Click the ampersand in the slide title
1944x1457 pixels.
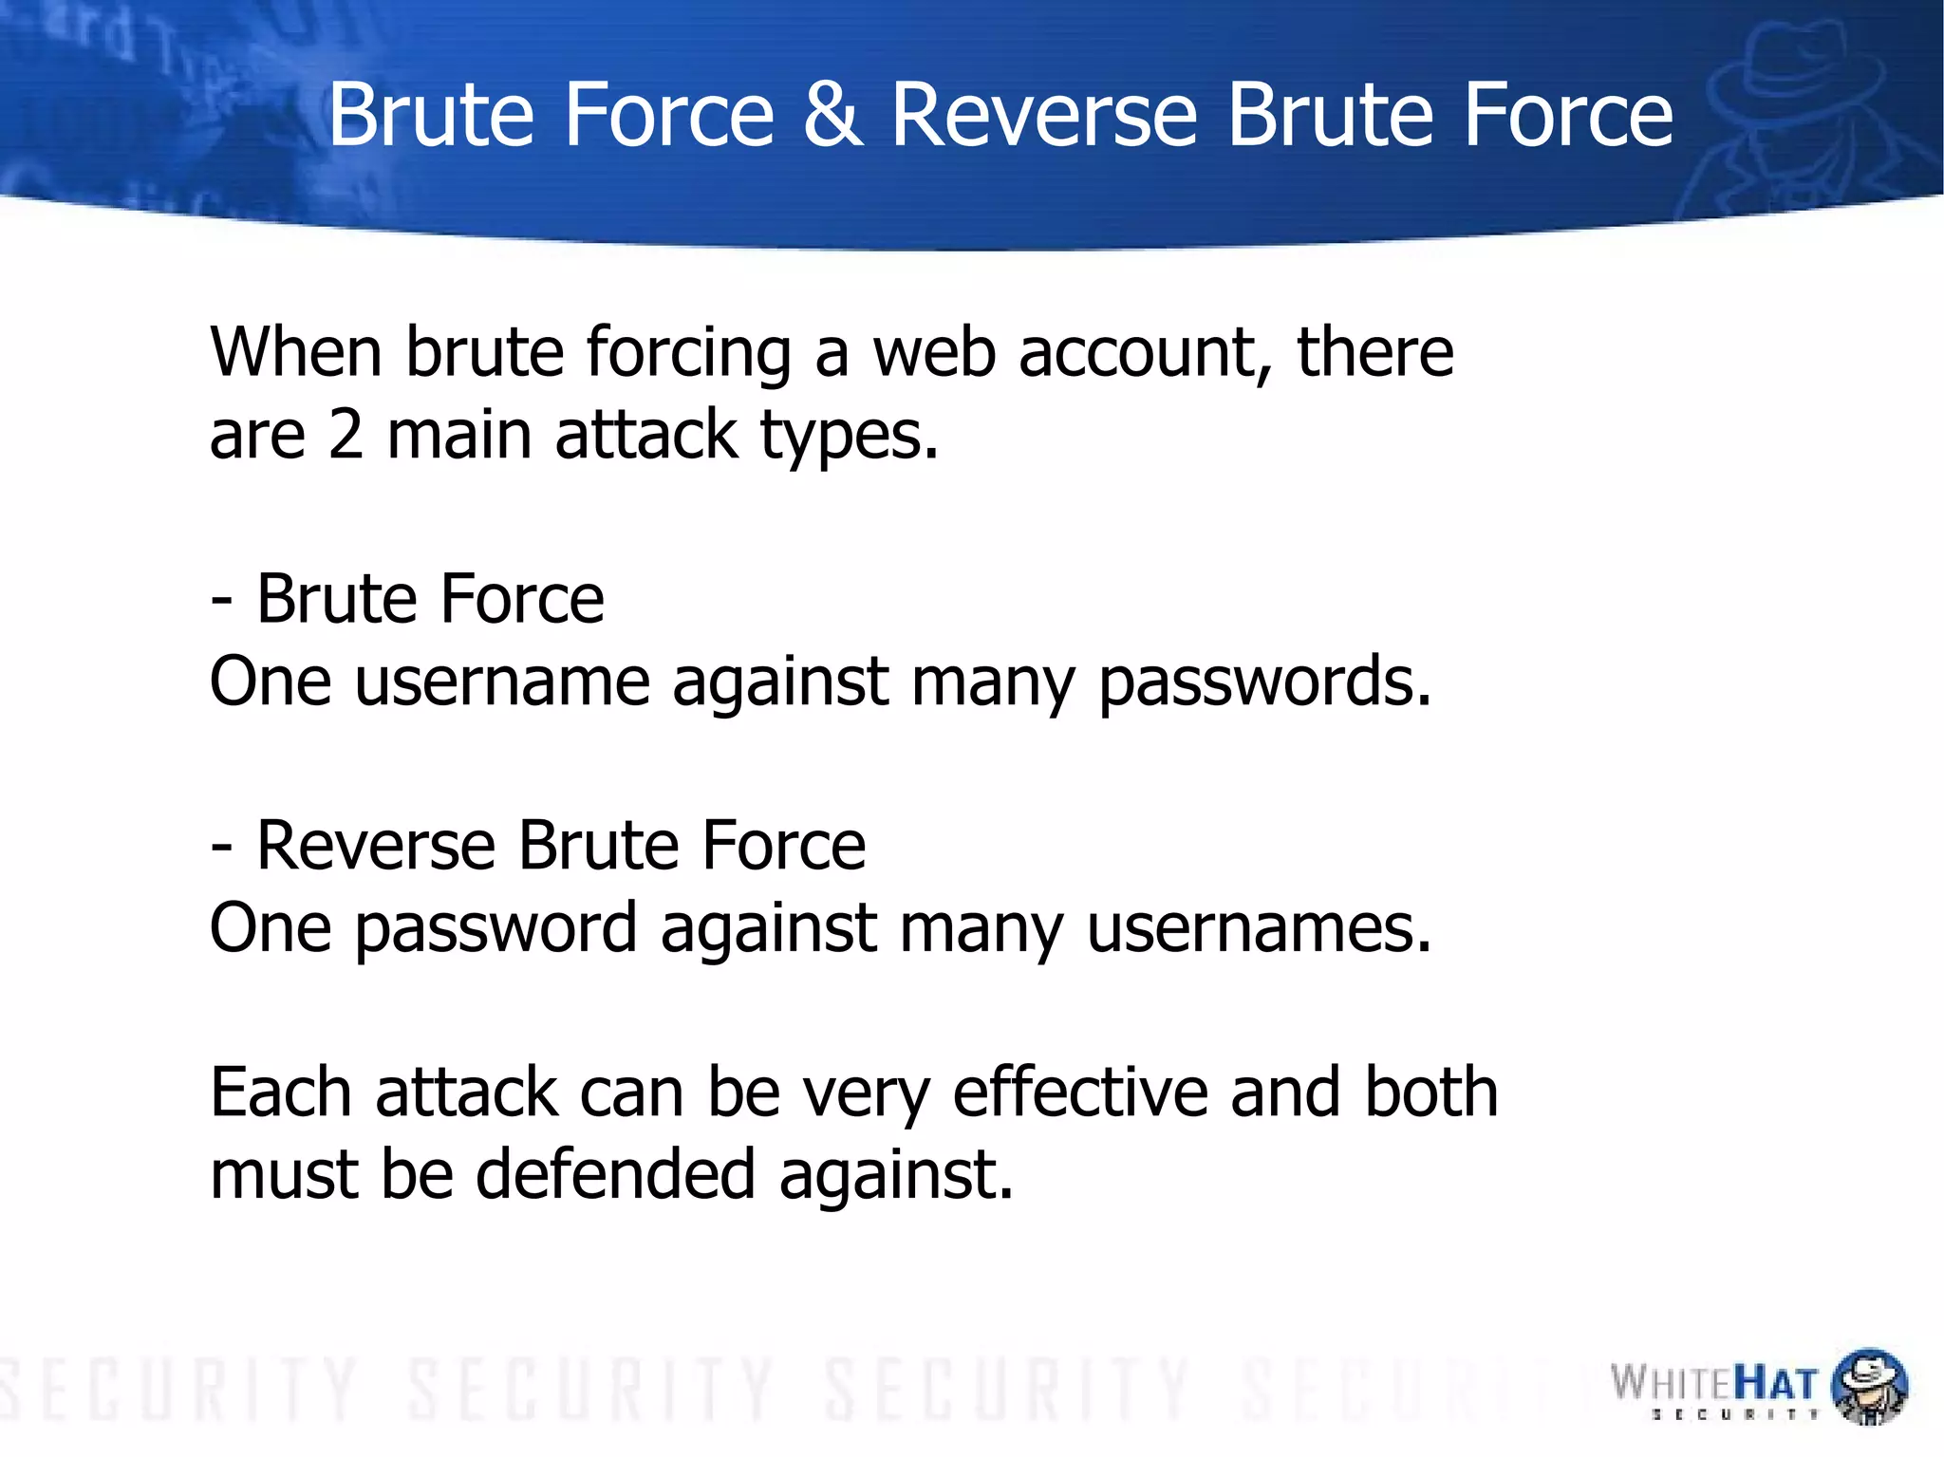832,116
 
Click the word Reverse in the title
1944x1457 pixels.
1044,116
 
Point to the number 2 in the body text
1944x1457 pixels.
346,436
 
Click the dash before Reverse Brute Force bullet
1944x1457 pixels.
221,848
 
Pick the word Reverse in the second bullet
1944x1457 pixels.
376,846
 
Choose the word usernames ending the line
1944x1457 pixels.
1258,928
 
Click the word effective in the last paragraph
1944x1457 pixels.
1080,1093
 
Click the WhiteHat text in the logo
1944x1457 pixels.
1713,1383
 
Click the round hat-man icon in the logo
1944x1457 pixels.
1868,1387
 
